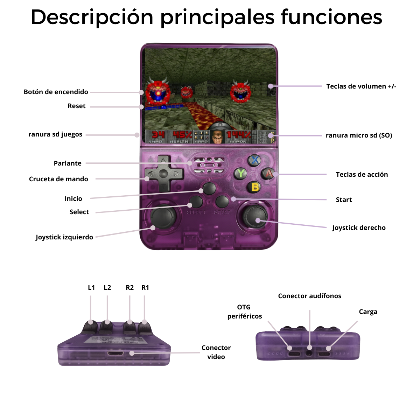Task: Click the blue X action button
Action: tap(255, 160)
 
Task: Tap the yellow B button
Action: tap(255, 187)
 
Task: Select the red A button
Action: tap(268, 173)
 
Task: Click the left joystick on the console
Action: tap(163, 218)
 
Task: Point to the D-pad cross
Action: tap(163, 174)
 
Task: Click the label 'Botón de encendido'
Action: tap(56, 92)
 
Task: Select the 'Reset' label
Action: tap(77, 106)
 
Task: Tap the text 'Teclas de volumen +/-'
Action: tap(361, 86)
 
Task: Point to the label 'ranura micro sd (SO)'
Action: tap(359, 135)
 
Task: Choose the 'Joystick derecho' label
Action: tap(359, 228)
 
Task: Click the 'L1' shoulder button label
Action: tap(91, 288)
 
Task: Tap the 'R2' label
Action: tap(129, 288)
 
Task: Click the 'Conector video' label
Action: tap(216, 352)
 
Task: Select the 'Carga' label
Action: tap(368, 312)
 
